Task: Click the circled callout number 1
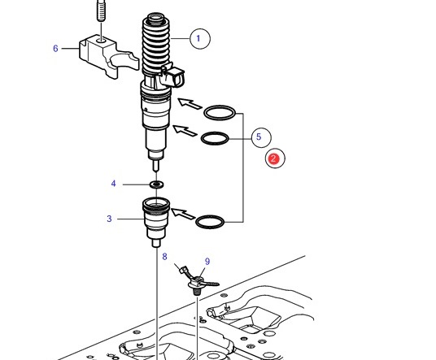tap(200, 39)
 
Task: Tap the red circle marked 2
tap(274, 159)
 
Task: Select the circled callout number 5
tap(261, 137)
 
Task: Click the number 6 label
tap(55, 49)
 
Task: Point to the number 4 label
tap(113, 184)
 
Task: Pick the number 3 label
tap(109, 219)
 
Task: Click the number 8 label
tap(164, 257)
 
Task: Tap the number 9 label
tap(207, 262)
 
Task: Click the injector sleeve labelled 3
tap(155, 221)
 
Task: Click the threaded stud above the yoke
tap(102, 10)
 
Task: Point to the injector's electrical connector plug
tap(173, 76)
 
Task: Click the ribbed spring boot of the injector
tap(155, 45)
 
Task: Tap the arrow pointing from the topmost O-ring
tap(190, 103)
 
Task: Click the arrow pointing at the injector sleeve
tap(183, 214)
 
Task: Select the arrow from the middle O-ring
tap(185, 131)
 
